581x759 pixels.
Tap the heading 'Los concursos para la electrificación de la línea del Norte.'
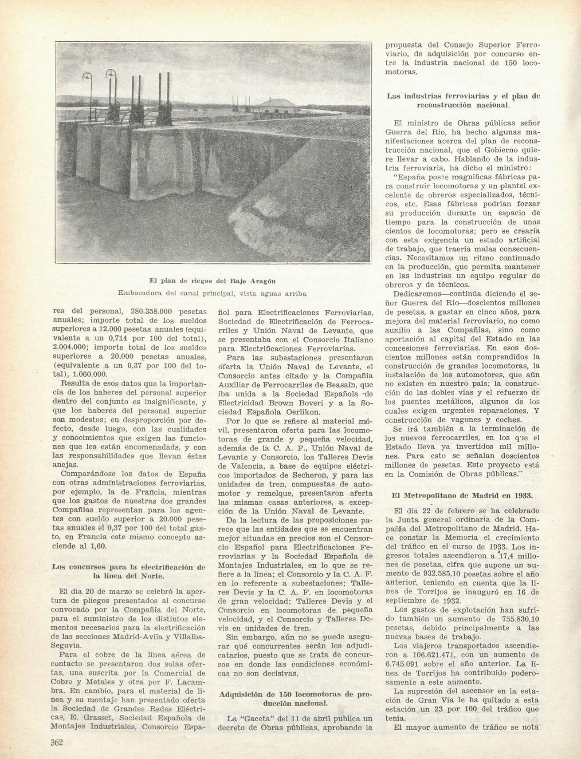click(x=129, y=572)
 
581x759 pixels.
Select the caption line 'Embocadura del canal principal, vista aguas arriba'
click(x=212, y=293)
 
